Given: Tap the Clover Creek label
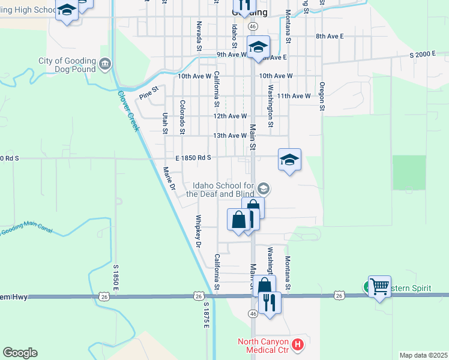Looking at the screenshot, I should coord(128,110).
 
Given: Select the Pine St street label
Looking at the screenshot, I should coord(148,95).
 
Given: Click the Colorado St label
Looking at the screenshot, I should coord(182,117).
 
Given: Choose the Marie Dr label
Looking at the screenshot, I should coord(169,178).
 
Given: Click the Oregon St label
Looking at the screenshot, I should coord(322,96).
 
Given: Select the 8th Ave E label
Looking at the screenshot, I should coord(330,37).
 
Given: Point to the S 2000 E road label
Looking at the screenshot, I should coord(423,55).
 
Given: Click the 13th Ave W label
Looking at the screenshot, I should coord(230,136).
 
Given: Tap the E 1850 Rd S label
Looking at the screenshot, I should coord(194,158).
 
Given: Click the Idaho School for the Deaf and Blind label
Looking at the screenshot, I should coord(220,190).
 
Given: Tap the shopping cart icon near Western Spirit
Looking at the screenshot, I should coord(379,287).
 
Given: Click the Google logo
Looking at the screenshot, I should coord(20,353).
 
